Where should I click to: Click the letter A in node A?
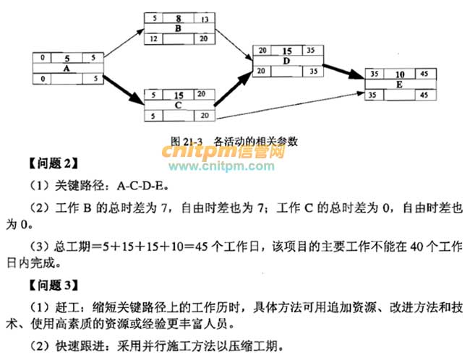click(x=67, y=68)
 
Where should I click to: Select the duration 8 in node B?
click(x=177, y=17)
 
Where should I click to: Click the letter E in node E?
click(x=400, y=84)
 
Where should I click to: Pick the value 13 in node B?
click(x=207, y=17)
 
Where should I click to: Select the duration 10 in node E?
click(x=400, y=74)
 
